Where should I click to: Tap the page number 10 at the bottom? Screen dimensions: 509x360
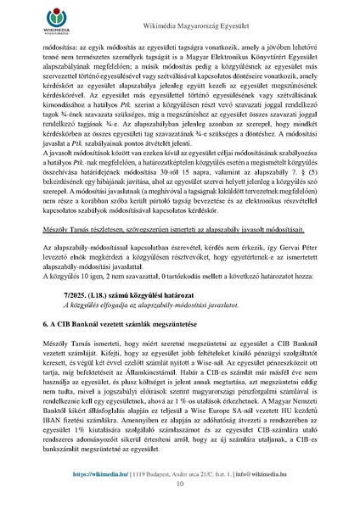click(180, 484)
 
